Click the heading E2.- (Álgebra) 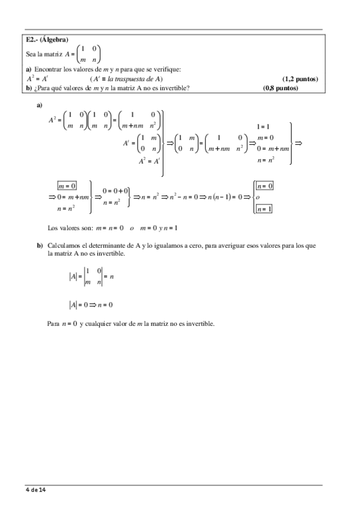[47, 40]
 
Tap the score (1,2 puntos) [300, 79]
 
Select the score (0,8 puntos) [281, 88]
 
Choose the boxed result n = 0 [264, 186]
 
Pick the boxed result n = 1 [264, 209]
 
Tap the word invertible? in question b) [175, 88]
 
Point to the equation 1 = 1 [263, 127]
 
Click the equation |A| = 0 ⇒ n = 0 [91, 304]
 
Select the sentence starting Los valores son [112, 228]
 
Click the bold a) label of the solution [40, 105]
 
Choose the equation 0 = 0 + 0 [115, 191]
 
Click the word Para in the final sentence [53, 324]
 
